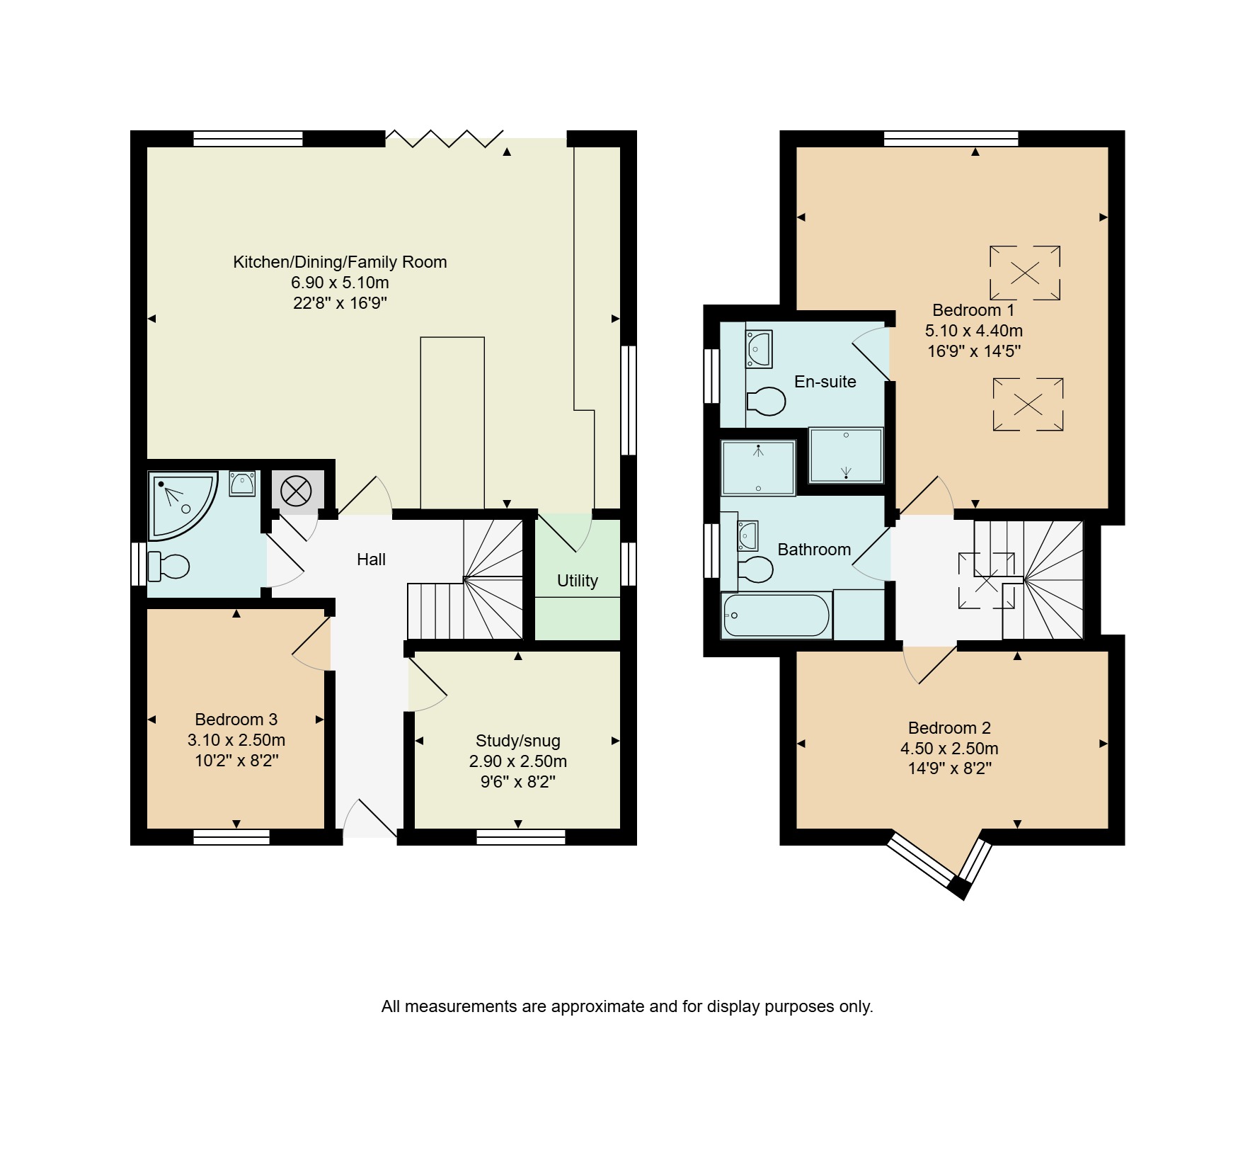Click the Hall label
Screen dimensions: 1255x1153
pos(371,560)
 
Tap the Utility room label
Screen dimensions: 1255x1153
pos(578,581)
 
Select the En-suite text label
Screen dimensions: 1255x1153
pos(825,382)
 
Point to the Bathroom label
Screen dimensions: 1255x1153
pos(814,550)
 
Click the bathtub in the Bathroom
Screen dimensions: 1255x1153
pos(777,615)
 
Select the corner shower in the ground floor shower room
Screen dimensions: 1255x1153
pos(181,506)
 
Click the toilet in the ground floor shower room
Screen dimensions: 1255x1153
pos(168,567)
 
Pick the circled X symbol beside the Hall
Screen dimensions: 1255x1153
pos(296,490)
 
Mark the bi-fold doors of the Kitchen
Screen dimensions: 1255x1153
pos(445,138)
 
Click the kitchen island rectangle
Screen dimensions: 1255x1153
pos(452,423)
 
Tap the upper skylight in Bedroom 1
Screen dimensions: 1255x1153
pos(1025,273)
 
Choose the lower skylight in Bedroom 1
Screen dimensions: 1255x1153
pos(1028,404)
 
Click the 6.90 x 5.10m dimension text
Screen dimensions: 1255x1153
pos(340,283)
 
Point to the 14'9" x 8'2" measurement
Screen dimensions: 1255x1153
pos(950,768)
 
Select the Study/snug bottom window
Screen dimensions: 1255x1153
pos(521,837)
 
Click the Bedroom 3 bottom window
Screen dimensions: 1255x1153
pos(231,837)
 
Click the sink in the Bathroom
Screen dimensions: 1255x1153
pos(748,535)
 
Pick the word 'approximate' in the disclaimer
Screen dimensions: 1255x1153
pos(598,1006)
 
